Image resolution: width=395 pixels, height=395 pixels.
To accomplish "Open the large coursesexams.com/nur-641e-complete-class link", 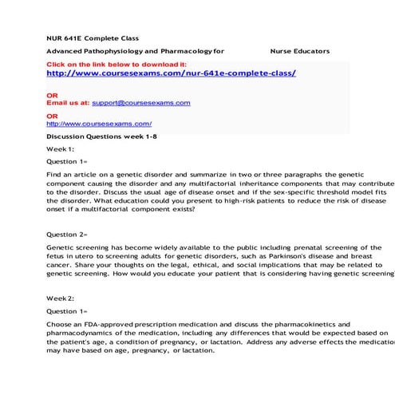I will pos(172,73).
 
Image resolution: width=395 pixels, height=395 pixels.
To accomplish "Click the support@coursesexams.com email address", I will pos(141,103).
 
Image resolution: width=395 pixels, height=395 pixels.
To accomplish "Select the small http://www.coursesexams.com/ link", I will pos(99,124).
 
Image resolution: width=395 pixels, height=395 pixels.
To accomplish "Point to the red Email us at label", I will pos(68,103).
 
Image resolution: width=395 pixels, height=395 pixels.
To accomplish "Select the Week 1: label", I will pos(61,149).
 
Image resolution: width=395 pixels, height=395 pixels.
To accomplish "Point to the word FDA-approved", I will pos(106,325).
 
